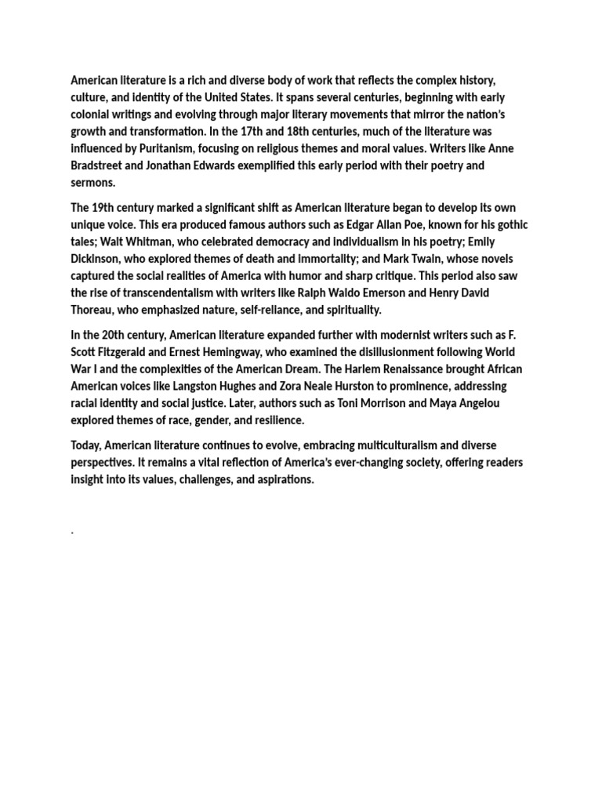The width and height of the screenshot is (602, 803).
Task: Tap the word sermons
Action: coord(92,183)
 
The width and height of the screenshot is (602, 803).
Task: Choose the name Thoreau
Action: coord(93,310)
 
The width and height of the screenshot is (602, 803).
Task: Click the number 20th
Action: coord(129,335)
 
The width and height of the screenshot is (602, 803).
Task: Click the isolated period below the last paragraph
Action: coord(73,532)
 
